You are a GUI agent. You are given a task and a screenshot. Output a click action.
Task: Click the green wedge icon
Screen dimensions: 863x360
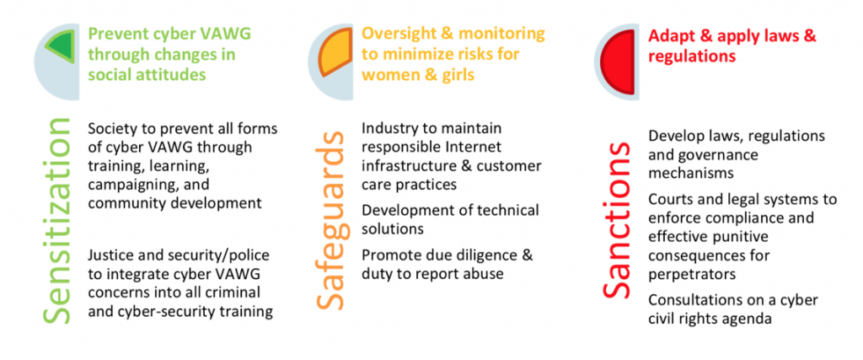coord(62,46)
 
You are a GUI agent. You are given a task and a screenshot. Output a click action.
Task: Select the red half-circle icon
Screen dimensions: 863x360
coord(618,61)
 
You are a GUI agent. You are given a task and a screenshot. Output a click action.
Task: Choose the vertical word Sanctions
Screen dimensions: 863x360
coord(616,220)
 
